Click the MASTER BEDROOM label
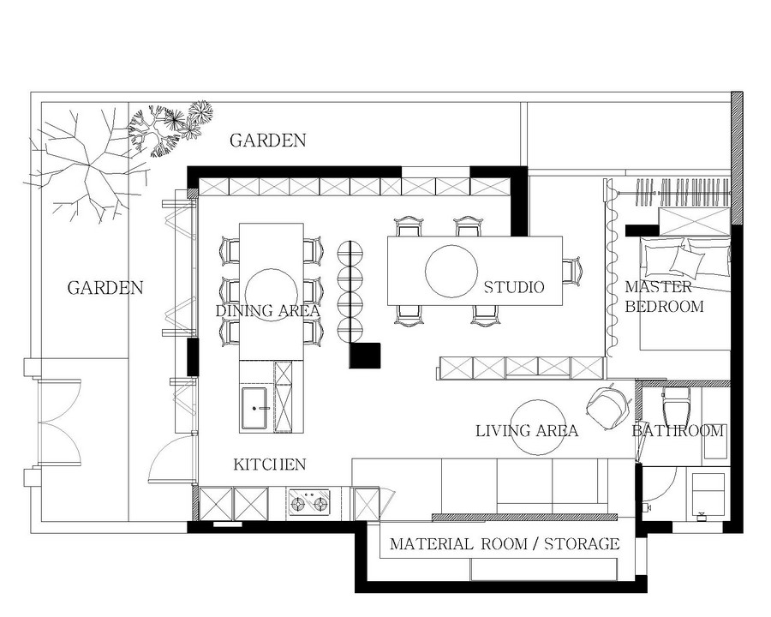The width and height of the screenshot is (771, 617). pos(664,297)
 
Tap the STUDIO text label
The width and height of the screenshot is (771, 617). pos(514,287)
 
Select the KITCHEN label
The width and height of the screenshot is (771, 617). pos(270,464)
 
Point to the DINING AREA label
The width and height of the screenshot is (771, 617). pos(267,310)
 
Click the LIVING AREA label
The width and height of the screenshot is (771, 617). pos(527,431)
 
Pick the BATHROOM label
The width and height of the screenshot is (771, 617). pos(678,431)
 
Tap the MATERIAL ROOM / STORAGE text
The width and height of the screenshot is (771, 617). pos(505,543)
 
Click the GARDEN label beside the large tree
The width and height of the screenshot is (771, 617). pos(105,288)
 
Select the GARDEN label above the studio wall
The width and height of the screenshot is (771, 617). pos(268,141)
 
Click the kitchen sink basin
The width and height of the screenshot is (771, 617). pos(254,408)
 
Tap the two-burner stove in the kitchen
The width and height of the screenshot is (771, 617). pos(308,502)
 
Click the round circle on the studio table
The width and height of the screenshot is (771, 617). pos(451,271)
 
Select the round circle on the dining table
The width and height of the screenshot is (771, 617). pos(271,294)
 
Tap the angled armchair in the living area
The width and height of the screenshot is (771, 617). pos(608,407)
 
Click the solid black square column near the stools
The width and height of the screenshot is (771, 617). pos(365,356)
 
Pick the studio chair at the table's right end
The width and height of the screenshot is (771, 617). pos(572,271)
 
